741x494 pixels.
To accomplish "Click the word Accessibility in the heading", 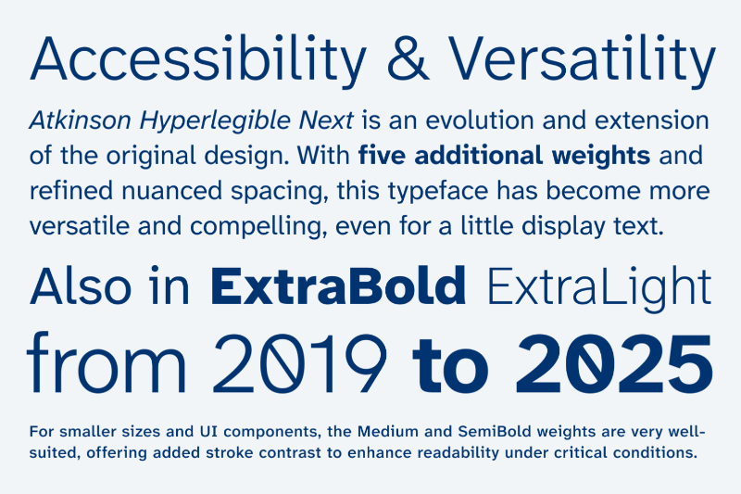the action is click(197, 60).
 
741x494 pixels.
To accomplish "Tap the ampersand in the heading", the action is click(408, 58).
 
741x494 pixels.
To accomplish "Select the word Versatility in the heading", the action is click(582, 60).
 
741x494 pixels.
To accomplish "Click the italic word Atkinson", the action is click(80, 120).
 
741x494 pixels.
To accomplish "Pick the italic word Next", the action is click(326, 120).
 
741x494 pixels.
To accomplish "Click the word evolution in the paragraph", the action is click(479, 120).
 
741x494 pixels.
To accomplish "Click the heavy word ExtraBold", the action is click(338, 285).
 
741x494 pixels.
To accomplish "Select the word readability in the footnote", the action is click(458, 453).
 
